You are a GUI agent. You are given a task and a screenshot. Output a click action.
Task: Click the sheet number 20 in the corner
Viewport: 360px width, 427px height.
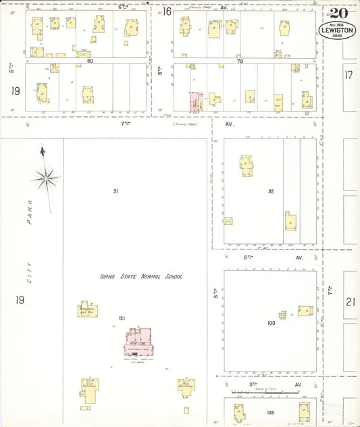(x=339, y=13)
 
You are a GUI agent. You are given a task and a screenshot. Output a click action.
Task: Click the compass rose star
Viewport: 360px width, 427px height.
(x=45, y=178)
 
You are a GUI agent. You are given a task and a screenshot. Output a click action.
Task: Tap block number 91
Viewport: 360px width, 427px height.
(x=116, y=192)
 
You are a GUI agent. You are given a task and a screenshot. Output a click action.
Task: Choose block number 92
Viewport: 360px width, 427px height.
(x=271, y=192)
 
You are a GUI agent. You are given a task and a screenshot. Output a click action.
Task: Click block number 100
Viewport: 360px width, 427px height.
(x=272, y=323)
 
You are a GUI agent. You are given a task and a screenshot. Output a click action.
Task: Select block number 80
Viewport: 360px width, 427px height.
(x=90, y=61)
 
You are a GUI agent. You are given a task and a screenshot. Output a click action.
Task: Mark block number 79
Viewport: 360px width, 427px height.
(x=239, y=61)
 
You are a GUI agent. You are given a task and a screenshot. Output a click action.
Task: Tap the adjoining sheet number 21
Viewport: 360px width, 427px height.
(x=350, y=302)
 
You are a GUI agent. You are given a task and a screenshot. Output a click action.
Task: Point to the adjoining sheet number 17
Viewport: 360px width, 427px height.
(x=349, y=76)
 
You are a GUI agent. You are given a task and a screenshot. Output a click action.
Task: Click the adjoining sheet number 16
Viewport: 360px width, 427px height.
(x=166, y=11)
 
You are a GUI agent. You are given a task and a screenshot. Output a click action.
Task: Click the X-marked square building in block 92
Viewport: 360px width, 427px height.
(x=228, y=221)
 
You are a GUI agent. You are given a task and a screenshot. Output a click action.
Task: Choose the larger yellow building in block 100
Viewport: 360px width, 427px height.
(x=305, y=310)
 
